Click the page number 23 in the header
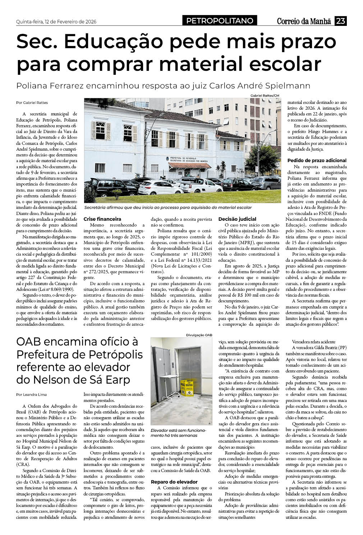340,21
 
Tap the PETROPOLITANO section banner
220,21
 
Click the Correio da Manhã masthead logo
303,22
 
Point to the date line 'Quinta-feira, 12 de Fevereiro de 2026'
56,22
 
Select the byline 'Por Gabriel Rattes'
32,102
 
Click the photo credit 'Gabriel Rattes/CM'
265,95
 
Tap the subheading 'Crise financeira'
102,219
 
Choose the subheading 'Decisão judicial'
237,219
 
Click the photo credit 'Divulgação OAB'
199,335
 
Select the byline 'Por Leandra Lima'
32,394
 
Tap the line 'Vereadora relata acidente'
313,342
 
